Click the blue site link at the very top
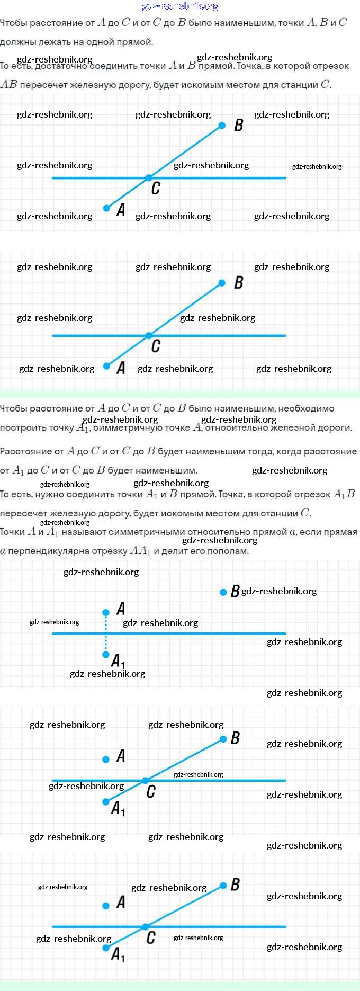(x=180, y=6)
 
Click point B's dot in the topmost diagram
(x=222, y=126)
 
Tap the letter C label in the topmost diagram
(x=156, y=189)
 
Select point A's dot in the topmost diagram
(x=106, y=208)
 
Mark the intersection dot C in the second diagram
(x=149, y=336)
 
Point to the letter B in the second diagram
(x=238, y=283)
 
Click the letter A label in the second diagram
(x=121, y=368)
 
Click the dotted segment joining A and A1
(x=106, y=633)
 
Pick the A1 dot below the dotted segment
(x=106, y=655)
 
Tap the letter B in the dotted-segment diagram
(x=235, y=591)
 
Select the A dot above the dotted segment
(x=106, y=612)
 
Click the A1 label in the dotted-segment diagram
(x=118, y=662)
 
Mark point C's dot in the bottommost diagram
(x=145, y=927)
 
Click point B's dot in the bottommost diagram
(x=223, y=886)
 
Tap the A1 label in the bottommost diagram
(x=118, y=955)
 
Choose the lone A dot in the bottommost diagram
(x=106, y=906)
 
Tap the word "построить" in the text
(x=19, y=428)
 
